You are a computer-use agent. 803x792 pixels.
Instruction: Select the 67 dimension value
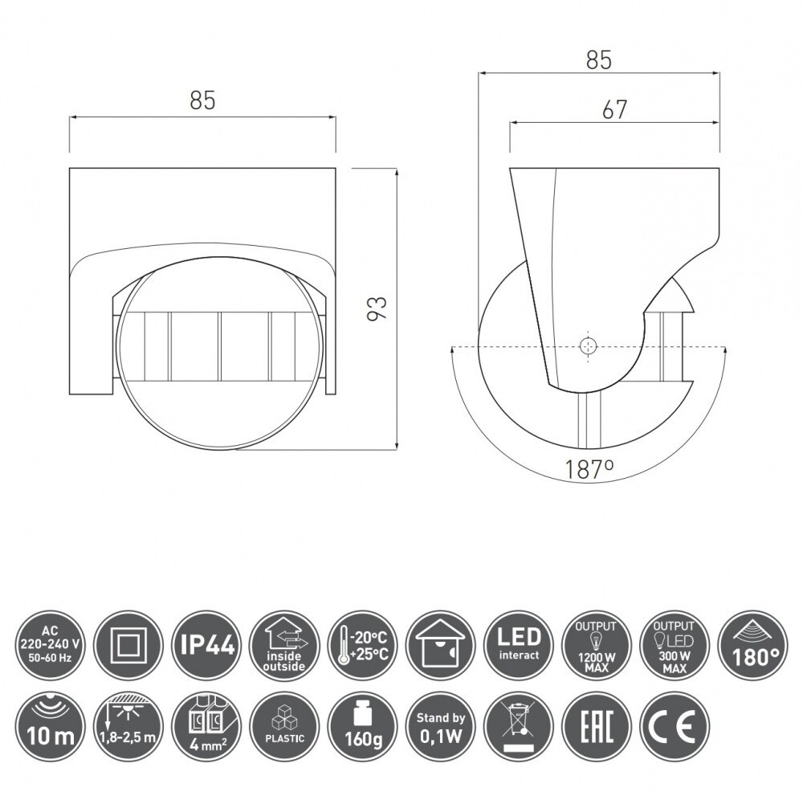point(614,109)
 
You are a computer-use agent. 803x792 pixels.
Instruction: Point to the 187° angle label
point(589,469)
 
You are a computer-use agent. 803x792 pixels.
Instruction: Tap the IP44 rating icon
point(207,647)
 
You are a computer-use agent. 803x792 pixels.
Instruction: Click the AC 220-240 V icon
point(50,647)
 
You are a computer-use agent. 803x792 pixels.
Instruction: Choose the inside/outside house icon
point(285,647)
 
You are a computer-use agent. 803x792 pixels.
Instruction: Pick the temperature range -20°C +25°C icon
point(363,647)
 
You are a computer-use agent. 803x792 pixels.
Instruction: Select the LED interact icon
point(519,647)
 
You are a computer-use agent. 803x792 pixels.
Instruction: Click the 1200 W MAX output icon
point(597,647)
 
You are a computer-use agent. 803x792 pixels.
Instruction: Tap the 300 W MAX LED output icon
point(675,647)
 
